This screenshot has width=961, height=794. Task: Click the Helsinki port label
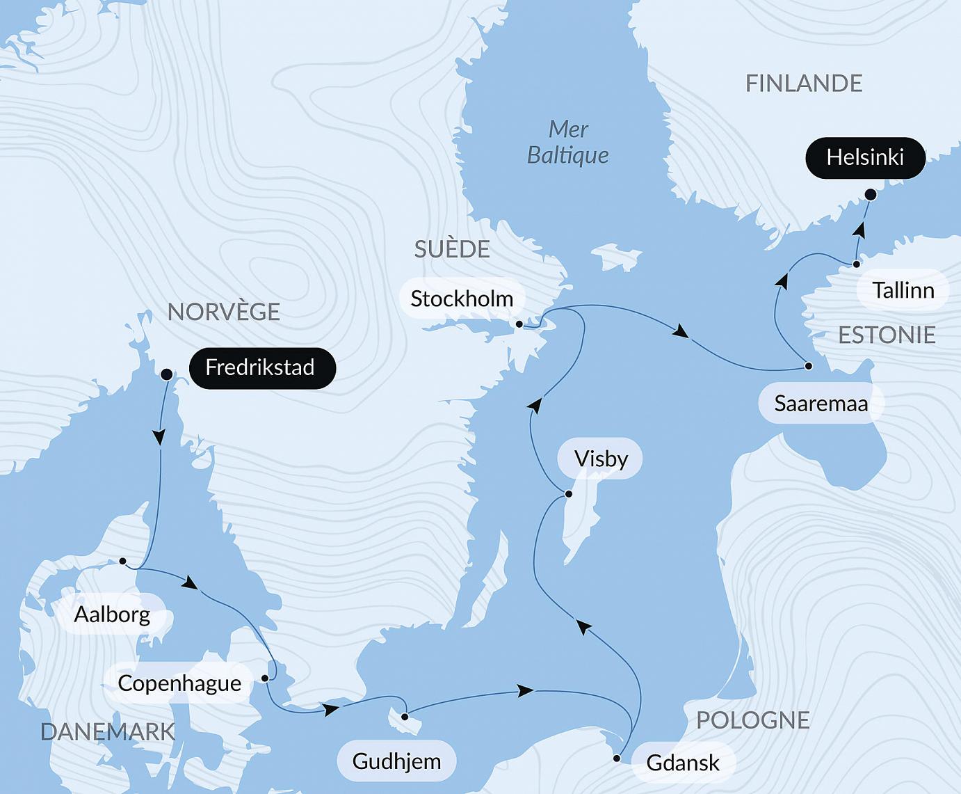(x=865, y=157)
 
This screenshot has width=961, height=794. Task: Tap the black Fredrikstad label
(x=260, y=367)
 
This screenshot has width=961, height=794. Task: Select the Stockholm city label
(x=462, y=299)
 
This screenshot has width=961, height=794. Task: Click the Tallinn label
(x=903, y=289)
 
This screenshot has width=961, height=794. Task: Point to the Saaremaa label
(x=821, y=403)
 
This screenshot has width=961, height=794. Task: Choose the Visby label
(x=601, y=459)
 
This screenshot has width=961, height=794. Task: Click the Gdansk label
(x=682, y=763)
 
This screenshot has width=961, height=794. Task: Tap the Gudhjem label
(x=396, y=761)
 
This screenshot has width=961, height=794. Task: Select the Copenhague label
(x=179, y=683)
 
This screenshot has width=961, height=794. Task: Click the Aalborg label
(x=112, y=614)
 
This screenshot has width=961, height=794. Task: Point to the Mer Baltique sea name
(x=567, y=142)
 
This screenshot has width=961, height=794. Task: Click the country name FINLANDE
(x=804, y=84)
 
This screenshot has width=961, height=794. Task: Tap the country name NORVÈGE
(x=224, y=312)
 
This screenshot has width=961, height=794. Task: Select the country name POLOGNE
(x=753, y=720)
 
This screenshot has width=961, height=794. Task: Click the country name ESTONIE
(x=887, y=335)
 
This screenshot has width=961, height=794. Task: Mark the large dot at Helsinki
(x=870, y=195)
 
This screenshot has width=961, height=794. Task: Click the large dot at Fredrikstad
(x=166, y=374)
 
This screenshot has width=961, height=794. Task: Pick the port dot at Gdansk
(x=617, y=759)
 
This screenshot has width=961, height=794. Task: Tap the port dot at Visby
(x=568, y=494)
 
